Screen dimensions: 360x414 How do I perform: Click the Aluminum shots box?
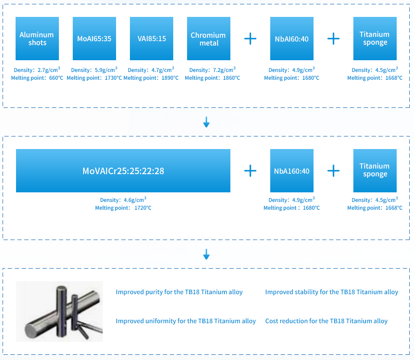click(37, 39)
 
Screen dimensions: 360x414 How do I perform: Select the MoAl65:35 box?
click(94, 39)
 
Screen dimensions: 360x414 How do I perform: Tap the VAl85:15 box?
click(152, 39)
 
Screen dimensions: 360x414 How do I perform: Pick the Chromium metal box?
click(208, 39)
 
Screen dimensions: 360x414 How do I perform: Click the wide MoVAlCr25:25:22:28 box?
click(123, 171)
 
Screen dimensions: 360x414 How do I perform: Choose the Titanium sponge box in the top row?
click(375, 39)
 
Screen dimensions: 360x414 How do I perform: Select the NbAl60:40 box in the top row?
click(291, 39)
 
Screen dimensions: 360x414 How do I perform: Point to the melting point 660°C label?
click(37, 78)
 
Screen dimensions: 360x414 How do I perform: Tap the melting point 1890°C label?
click(151, 78)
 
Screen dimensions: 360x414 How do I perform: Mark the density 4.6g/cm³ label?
click(123, 200)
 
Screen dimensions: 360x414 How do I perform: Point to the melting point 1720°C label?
click(123, 208)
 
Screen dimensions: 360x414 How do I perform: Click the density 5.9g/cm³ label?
click(94, 70)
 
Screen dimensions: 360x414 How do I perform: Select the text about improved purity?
click(179, 292)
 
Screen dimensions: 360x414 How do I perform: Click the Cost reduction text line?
click(326, 321)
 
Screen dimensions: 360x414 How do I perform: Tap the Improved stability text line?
click(331, 292)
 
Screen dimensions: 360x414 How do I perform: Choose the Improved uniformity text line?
click(185, 321)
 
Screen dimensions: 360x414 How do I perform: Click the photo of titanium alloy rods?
click(59, 311)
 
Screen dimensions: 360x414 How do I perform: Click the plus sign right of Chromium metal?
click(250, 39)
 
